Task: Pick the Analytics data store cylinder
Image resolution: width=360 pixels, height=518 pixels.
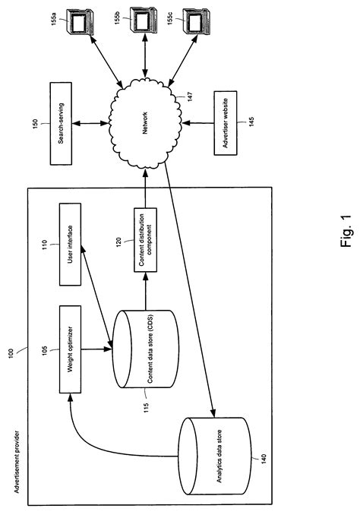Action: coord(214,456)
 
